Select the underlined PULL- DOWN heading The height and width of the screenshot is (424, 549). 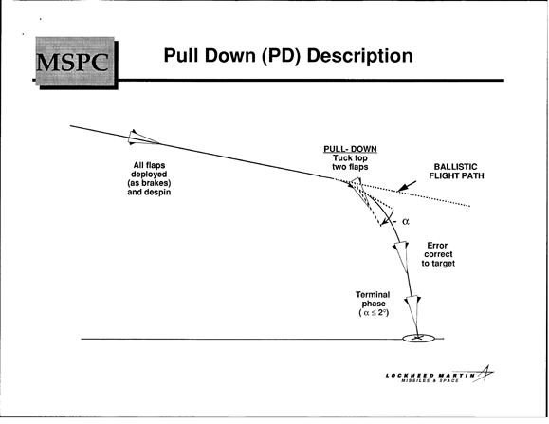tap(350, 149)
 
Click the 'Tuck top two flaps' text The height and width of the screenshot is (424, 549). tap(350, 162)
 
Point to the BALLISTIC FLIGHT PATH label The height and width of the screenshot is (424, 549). tap(457, 171)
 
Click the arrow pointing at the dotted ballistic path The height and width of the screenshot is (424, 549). tap(407, 186)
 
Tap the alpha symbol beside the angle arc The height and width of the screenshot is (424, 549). tap(406, 221)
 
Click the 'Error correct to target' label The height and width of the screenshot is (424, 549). tap(438, 254)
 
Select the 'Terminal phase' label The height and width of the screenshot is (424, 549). tap(373, 299)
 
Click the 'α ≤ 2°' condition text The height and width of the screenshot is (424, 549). tap(374, 313)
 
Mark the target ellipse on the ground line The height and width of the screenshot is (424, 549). tap(418, 339)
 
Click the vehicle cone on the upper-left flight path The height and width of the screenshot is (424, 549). tap(141, 138)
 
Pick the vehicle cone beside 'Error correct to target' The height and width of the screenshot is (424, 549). tap(402, 256)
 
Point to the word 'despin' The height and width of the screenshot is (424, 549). tap(157, 193)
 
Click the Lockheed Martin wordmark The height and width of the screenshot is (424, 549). tap(430, 376)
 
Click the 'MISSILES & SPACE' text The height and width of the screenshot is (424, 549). tap(430, 380)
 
